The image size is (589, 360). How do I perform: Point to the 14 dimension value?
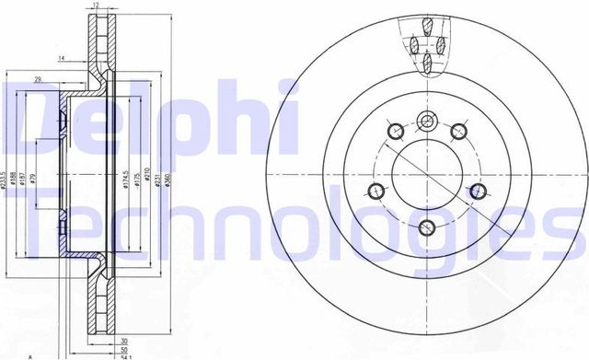(60, 58)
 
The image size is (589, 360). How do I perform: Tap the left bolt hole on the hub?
(375, 191)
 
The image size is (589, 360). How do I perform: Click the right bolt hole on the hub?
(478, 191)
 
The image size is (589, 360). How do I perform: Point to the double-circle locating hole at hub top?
(426, 120)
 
